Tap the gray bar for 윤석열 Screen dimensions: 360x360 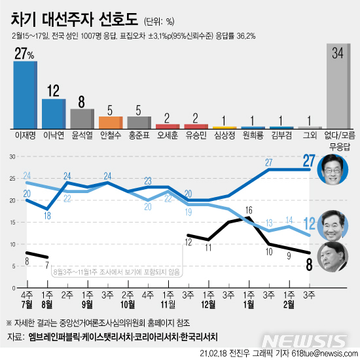pos(82,118)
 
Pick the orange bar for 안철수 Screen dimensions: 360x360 pos(111,122)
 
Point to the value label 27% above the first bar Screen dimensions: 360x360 pos(25,52)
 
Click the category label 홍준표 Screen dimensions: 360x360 pos(139,137)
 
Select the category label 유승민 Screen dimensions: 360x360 pos(196,137)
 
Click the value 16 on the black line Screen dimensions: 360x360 pos(249,209)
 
